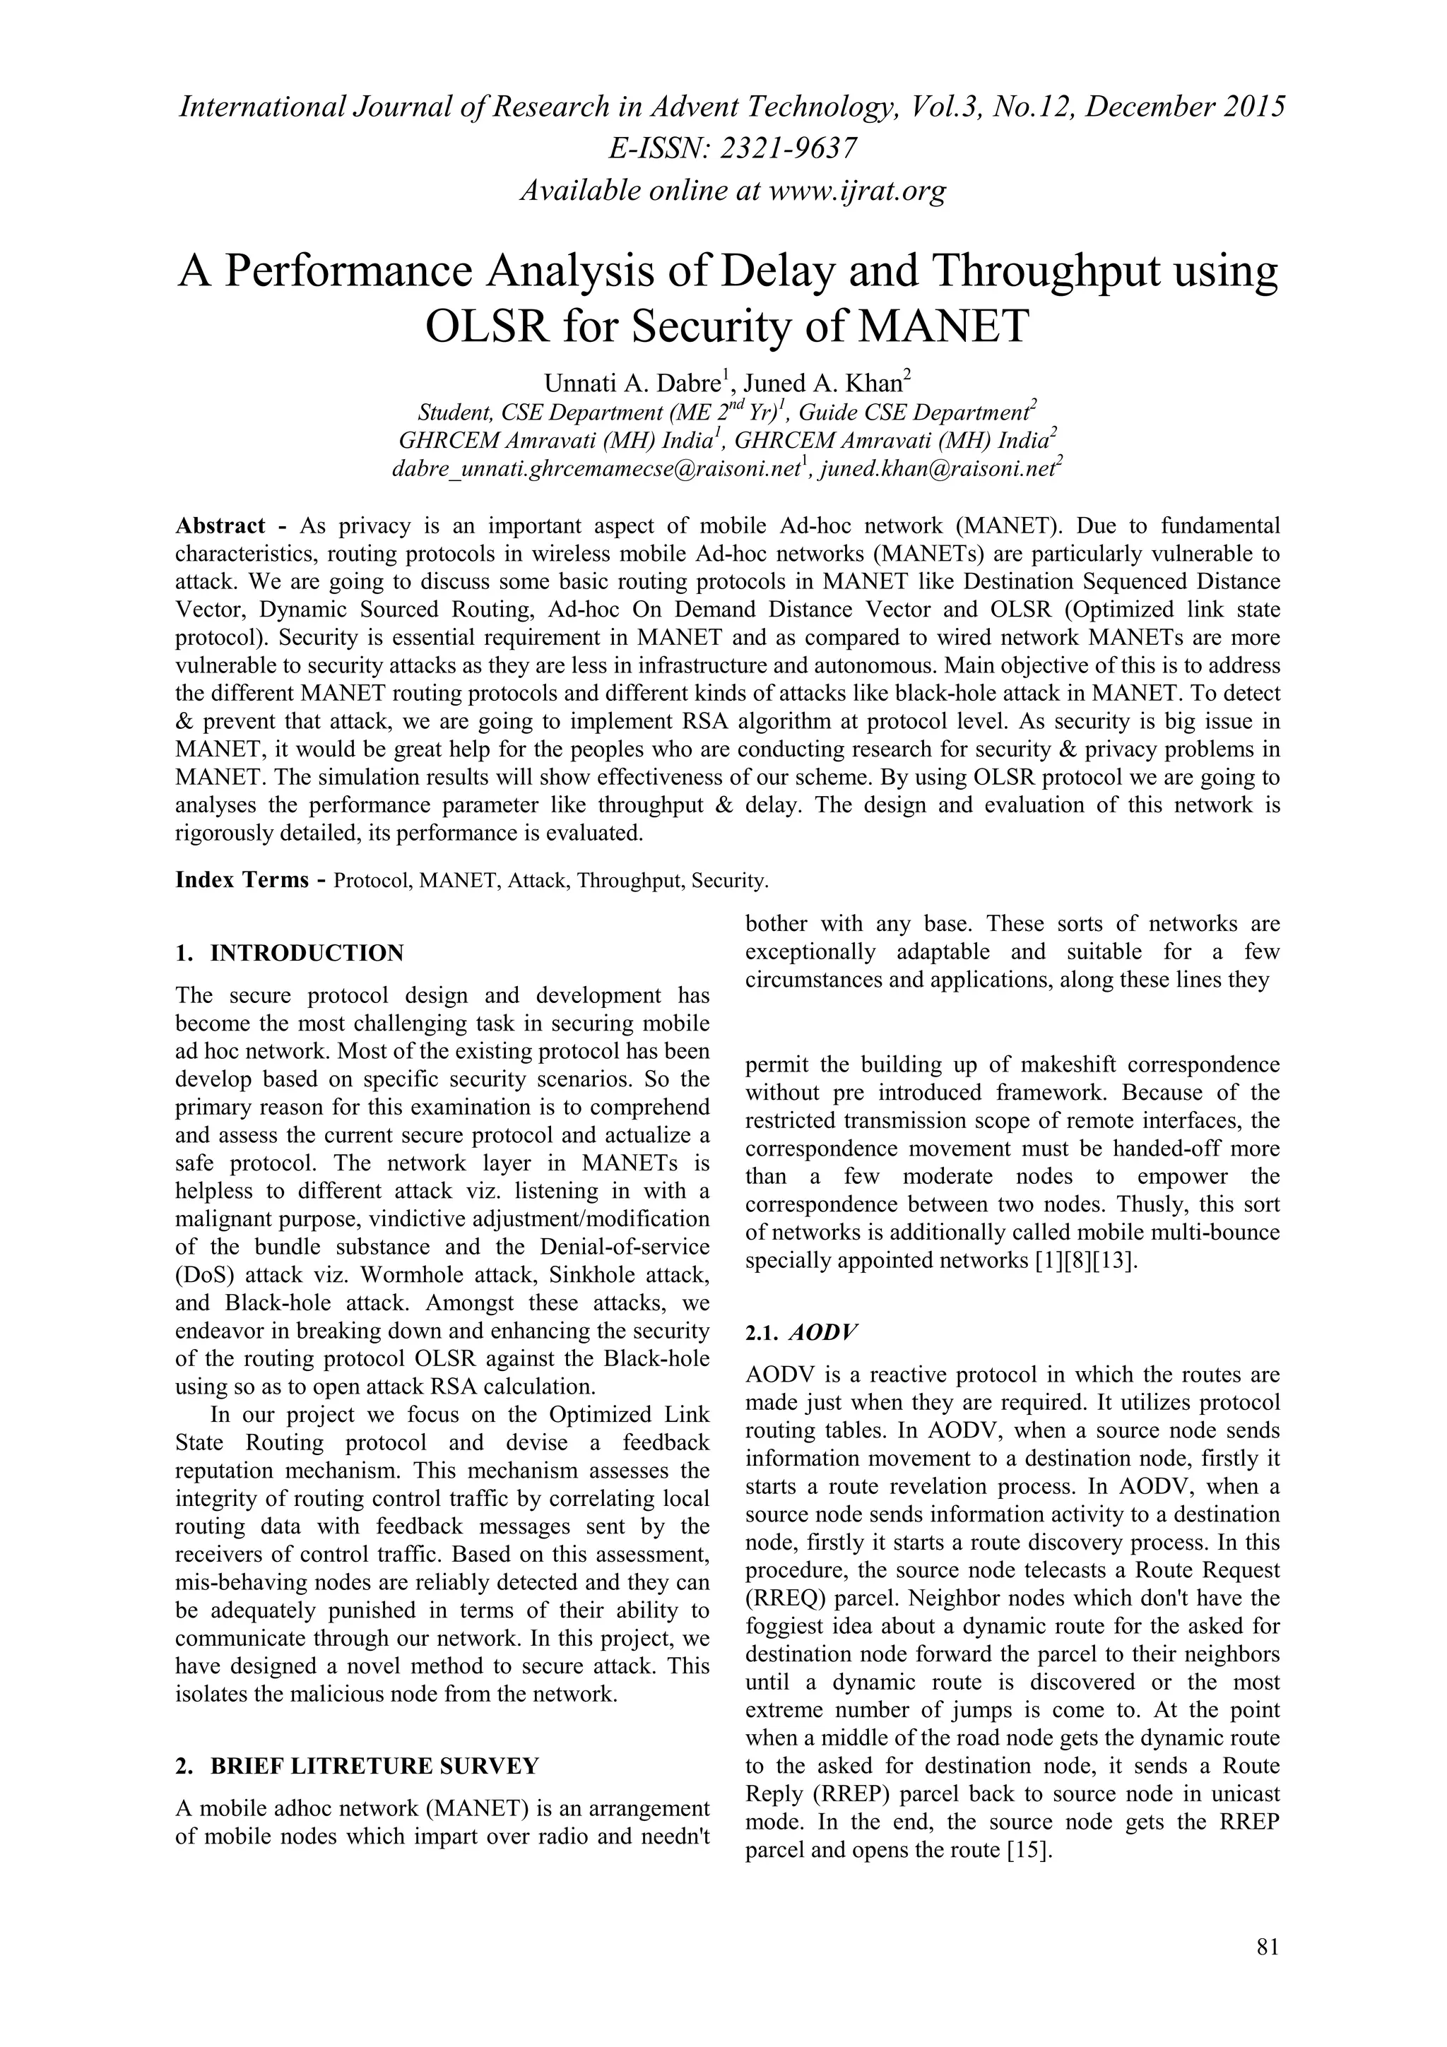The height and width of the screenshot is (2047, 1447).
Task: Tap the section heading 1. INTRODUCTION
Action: (x=290, y=953)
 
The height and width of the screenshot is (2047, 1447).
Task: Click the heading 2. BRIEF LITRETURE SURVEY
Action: (x=357, y=1766)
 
